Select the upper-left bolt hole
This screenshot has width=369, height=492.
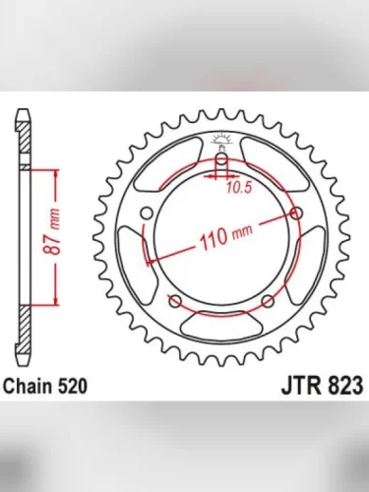click(147, 213)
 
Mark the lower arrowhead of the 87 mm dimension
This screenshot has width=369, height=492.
click(56, 295)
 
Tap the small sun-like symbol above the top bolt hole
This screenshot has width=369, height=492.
click(221, 137)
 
